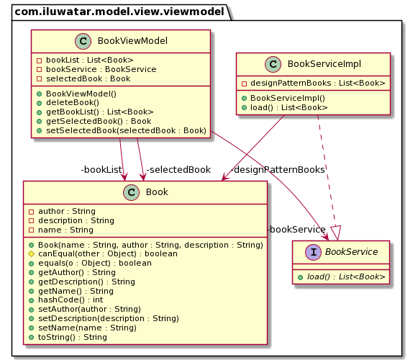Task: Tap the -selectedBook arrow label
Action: [178, 170]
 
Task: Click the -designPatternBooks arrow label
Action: [277, 170]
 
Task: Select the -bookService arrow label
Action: [296, 229]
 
